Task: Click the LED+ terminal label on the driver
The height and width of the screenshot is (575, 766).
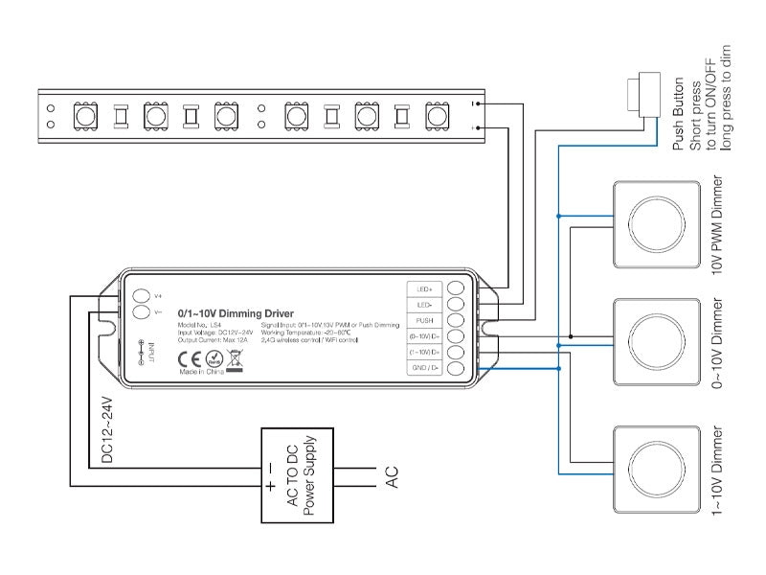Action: tap(425, 287)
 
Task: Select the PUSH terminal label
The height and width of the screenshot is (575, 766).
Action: tap(425, 320)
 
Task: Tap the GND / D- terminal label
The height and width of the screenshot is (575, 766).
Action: tap(425, 369)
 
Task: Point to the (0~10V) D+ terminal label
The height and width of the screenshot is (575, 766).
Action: tap(425, 336)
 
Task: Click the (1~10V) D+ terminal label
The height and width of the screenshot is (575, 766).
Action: tap(425, 353)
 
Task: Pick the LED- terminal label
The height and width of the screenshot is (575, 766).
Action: tap(425, 304)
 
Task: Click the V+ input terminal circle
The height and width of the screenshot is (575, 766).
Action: tap(141, 295)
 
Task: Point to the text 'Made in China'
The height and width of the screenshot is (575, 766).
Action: tap(201, 372)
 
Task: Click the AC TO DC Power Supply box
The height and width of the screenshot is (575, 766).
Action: tap(296, 476)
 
